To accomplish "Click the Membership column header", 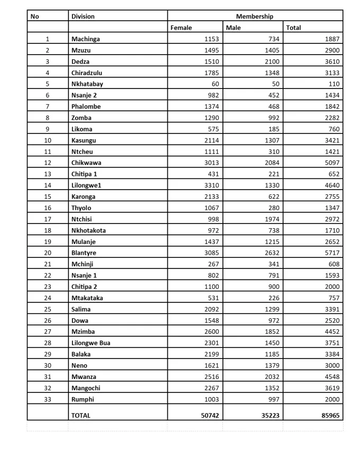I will (x=255, y=16).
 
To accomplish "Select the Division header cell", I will (x=83, y=16).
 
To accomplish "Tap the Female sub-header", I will (x=181, y=28).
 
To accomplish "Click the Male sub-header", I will (x=233, y=28).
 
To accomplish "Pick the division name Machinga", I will (x=85, y=39).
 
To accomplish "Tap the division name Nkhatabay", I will (x=87, y=84).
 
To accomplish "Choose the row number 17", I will (x=47, y=219).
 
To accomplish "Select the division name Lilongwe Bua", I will (x=91, y=343).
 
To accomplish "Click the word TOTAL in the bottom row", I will (x=80, y=416).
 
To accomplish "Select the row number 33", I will (x=47, y=399).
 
